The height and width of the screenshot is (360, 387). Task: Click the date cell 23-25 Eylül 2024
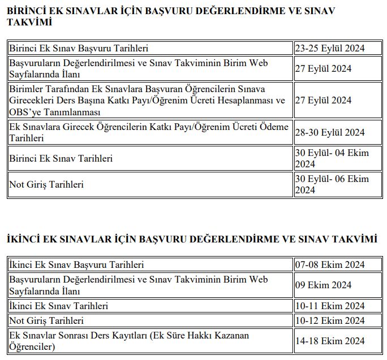tap(330, 49)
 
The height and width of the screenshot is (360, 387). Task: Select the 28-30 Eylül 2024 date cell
tap(330, 132)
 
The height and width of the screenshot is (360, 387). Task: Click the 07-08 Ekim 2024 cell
tap(330, 264)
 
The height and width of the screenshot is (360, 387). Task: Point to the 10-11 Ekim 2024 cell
tap(330, 306)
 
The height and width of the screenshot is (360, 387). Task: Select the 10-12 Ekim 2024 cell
tap(330, 320)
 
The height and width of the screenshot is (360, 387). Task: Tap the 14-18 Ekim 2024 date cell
tap(330, 341)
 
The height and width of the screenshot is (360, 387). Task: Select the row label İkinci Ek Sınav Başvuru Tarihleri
tap(76, 264)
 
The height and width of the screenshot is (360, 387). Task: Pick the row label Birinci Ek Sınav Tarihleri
tap(61, 158)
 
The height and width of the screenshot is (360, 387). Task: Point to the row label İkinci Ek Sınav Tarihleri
tap(58, 306)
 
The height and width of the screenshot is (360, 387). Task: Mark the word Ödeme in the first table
tap(274, 127)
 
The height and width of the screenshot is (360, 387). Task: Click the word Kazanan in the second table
tap(229, 336)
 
